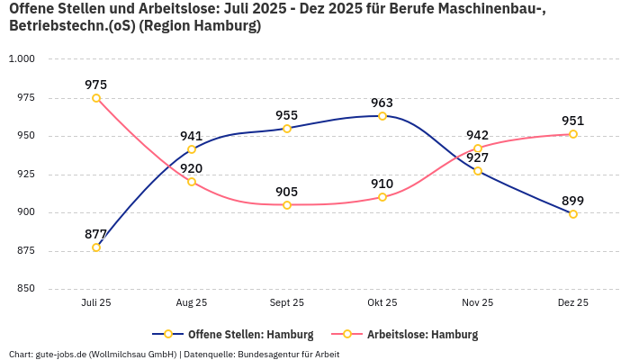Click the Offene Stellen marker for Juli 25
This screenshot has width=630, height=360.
click(x=96, y=247)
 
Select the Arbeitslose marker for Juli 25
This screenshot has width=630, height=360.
click(x=96, y=98)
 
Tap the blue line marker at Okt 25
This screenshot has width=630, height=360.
click(x=382, y=116)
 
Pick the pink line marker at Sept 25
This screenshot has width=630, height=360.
click(x=287, y=205)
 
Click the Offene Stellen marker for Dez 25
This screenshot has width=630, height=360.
click(x=573, y=214)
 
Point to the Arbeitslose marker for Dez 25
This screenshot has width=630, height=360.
click(x=573, y=134)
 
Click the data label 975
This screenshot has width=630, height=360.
click(x=96, y=85)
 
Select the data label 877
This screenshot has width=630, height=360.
click(x=96, y=234)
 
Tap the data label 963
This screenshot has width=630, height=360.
click(x=382, y=103)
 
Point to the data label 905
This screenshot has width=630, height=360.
click(x=287, y=192)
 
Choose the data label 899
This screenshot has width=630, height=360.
click(x=573, y=201)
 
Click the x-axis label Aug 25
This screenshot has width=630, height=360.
click(x=192, y=303)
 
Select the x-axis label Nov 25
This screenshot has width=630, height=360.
click(x=478, y=303)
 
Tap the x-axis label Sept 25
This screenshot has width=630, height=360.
click(x=287, y=303)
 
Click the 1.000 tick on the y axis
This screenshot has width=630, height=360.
click(x=21, y=59)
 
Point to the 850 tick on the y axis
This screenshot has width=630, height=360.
click(x=24, y=289)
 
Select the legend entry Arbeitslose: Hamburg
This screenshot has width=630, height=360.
click(x=422, y=335)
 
